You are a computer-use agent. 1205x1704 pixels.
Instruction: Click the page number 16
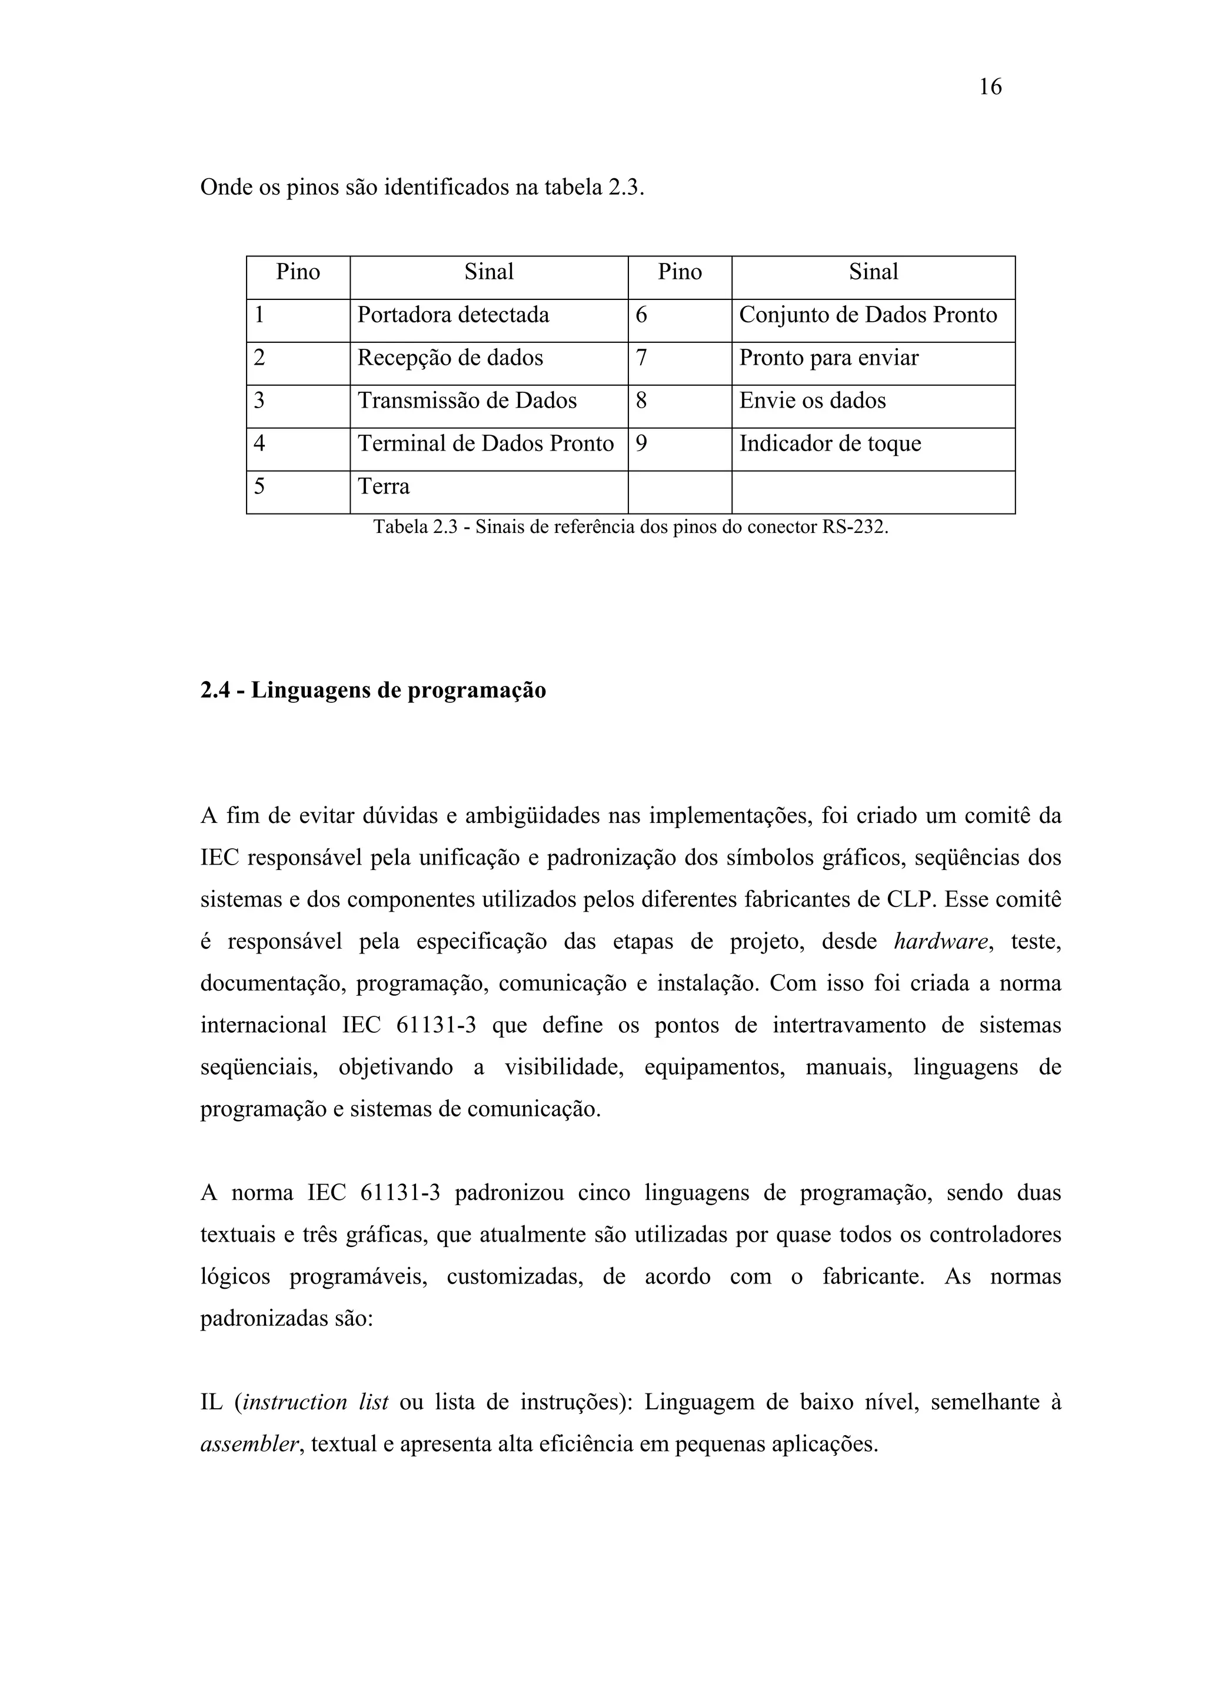[990, 88]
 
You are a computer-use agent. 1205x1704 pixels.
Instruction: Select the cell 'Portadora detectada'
[453, 315]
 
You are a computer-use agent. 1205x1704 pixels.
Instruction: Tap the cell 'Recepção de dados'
[450, 358]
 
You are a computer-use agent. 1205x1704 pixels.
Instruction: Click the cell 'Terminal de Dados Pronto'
[485, 444]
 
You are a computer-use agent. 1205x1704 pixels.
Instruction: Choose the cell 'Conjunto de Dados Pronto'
[867, 315]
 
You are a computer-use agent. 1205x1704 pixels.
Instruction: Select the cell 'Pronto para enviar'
[828, 358]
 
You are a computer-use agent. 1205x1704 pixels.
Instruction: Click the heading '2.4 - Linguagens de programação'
[372, 690]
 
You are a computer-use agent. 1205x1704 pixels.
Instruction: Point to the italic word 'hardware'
[941, 942]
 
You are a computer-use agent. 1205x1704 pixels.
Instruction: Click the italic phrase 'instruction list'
[315, 1402]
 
